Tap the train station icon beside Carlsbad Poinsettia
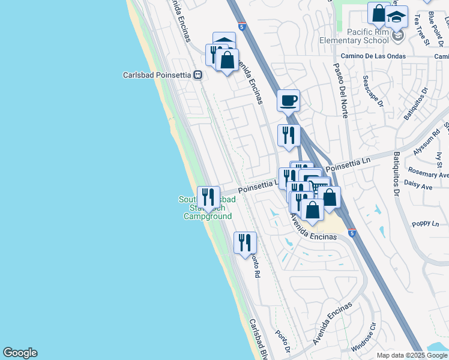[x=197, y=75]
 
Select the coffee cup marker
[x=288, y=100]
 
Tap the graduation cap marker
[x=397, y=17]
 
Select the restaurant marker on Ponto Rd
[x=245, y=243]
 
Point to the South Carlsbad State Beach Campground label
[x=207, y=208]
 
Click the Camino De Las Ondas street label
[x=373, y=56]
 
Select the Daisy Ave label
[x=418, y=187]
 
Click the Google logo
[x=20, y=353]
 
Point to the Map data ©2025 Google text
[x=412, y=355]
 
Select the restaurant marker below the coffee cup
[x=289, y=136]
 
